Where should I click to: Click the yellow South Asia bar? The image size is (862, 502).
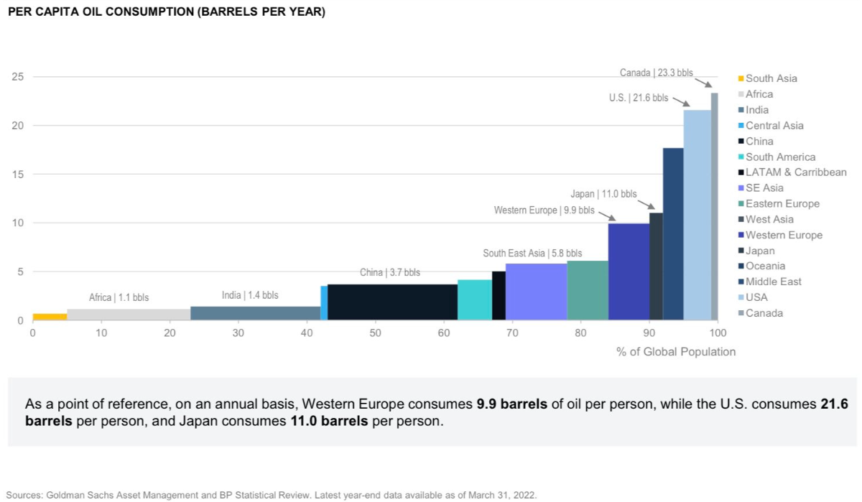[x=50, y=317]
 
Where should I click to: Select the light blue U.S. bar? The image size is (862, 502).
[x=697, y=215]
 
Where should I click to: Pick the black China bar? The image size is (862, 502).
[x=392, y=302]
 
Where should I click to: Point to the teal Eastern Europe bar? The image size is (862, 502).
[x=588, y=290]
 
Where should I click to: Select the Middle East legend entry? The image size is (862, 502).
[x=773, y=282]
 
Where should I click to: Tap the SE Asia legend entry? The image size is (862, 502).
[x=764, y=188]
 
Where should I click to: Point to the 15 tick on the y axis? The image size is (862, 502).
[x=19, y=175]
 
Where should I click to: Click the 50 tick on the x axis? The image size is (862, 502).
[x=375, y=333]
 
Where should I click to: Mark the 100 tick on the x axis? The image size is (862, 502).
[x=718, y=333]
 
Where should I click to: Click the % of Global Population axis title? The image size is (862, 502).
[x=675, y=352]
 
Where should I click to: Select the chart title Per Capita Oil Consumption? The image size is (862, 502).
[x=166, y=12]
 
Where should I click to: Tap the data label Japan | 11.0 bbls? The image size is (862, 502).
[x=603, y=194]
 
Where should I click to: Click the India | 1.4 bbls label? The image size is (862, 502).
[x=250, y=295]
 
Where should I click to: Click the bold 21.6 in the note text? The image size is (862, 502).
[x=833, y=404]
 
